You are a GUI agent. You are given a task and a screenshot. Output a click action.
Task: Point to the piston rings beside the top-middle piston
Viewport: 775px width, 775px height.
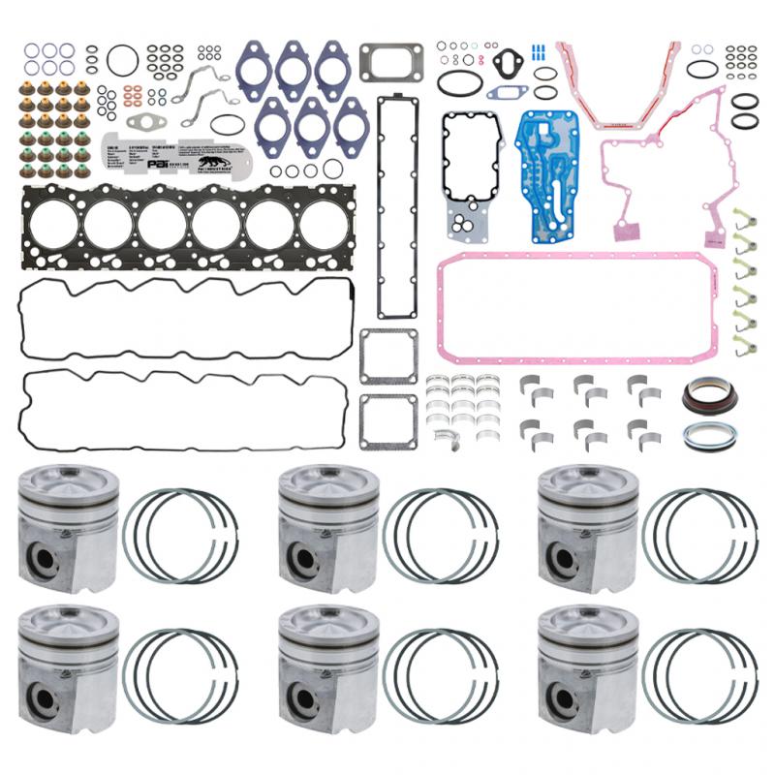(x=440, y=534)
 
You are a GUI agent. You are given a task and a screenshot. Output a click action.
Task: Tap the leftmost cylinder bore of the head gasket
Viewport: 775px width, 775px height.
(x=54, y=225)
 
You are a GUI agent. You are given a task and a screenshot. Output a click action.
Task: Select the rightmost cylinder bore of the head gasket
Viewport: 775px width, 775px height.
(x=325, y=225)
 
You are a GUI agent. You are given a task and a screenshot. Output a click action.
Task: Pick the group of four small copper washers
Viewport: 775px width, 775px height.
(x=133, y=97)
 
